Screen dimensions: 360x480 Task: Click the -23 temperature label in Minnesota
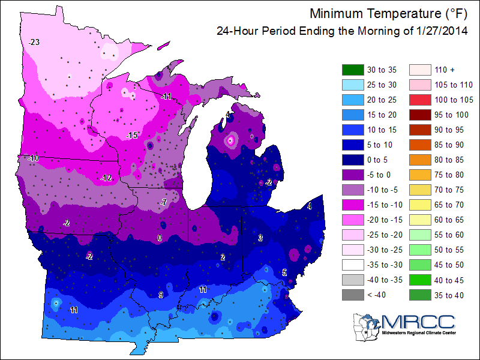click(x=34, y=42)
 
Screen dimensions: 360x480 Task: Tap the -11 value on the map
click(x=166, y=97)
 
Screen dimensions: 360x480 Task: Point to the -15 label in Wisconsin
click(x=132, y=136)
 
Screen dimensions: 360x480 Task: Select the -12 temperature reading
click(x=107, y=178)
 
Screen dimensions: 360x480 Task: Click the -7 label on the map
click(x=163, y=202)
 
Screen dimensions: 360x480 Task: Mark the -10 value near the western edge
click(x=33, y=158)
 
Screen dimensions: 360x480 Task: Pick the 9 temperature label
click(x=161, y=294)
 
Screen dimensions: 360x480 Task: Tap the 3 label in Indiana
click(x=260, y=238)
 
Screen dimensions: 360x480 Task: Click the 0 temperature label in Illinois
click(x=160, y=238)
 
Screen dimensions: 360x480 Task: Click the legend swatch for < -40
click(x=353, y=294)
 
